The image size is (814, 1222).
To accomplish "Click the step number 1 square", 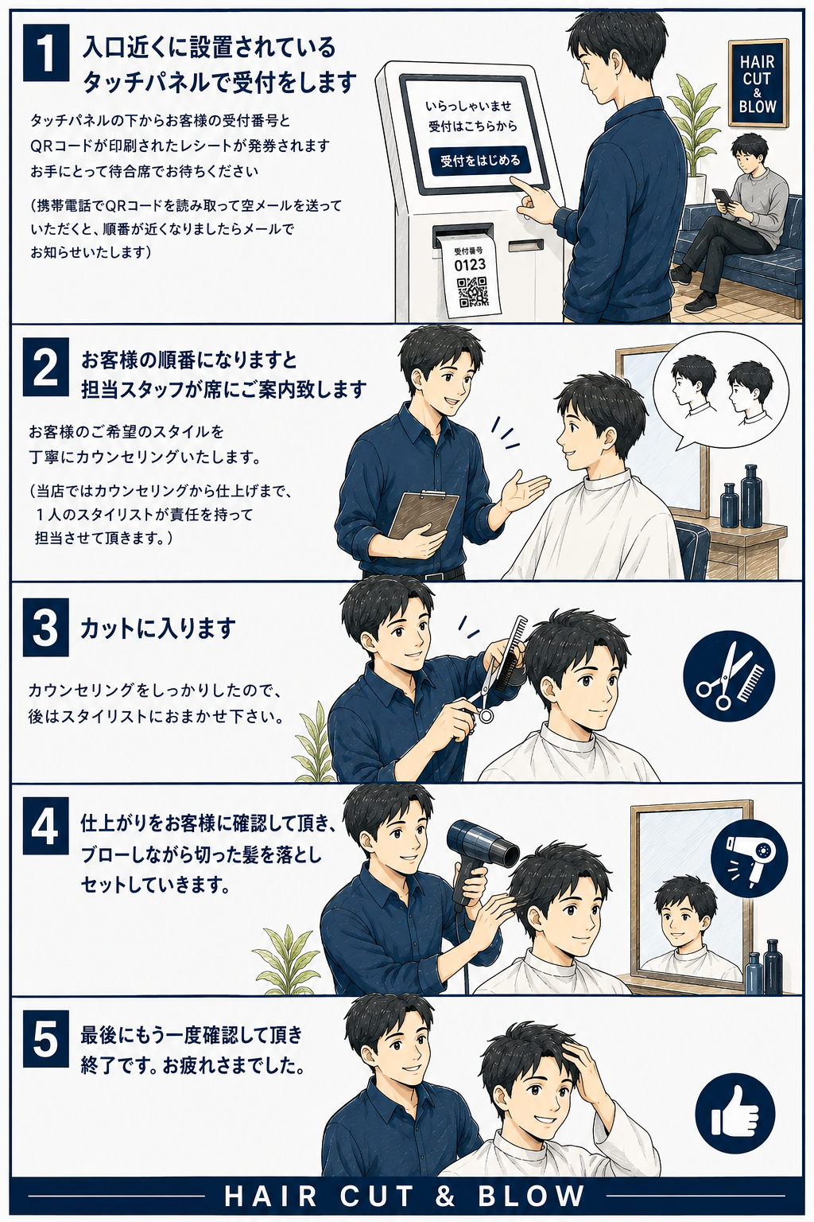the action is point(46,53).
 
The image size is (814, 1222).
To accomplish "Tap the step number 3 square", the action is point(46,628).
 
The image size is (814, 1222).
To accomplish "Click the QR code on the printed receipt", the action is point(472,292).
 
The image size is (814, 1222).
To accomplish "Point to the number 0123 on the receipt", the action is point(470,265).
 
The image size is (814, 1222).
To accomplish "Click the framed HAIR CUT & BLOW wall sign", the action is point(758,83).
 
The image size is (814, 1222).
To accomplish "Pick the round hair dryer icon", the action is point(749,858).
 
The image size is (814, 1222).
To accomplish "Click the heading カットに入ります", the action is point(157,628).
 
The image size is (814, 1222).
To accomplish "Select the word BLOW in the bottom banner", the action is point(530,1196).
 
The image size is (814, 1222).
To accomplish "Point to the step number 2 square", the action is point(46,367).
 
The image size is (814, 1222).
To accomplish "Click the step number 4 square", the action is point(46,826).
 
